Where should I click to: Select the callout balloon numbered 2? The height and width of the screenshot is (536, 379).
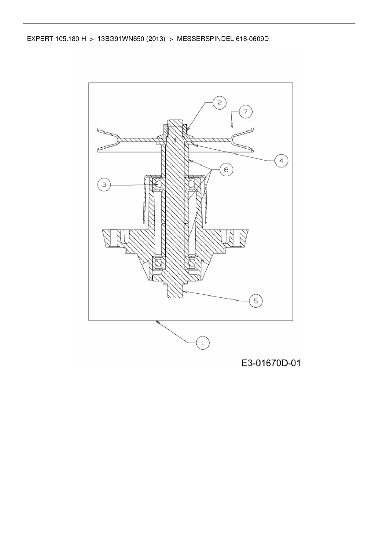coord(219,103)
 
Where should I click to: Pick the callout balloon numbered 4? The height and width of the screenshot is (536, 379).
coord(281,160)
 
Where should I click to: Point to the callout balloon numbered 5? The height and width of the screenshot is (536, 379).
coord(256,301)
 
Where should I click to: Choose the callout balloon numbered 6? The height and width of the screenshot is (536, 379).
coord(226,169)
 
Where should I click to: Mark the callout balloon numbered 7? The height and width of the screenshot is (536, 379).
coord(245,112)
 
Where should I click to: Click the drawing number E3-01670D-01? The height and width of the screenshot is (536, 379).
coord(271,363)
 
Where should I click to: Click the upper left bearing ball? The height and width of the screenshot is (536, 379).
coord(158,184)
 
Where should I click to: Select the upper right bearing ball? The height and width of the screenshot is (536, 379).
coord(192,184)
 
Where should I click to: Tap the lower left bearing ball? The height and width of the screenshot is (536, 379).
coord(158,262)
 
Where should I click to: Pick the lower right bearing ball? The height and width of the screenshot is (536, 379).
coord(192,262)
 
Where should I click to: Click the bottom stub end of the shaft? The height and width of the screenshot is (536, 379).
coord(175,292)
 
